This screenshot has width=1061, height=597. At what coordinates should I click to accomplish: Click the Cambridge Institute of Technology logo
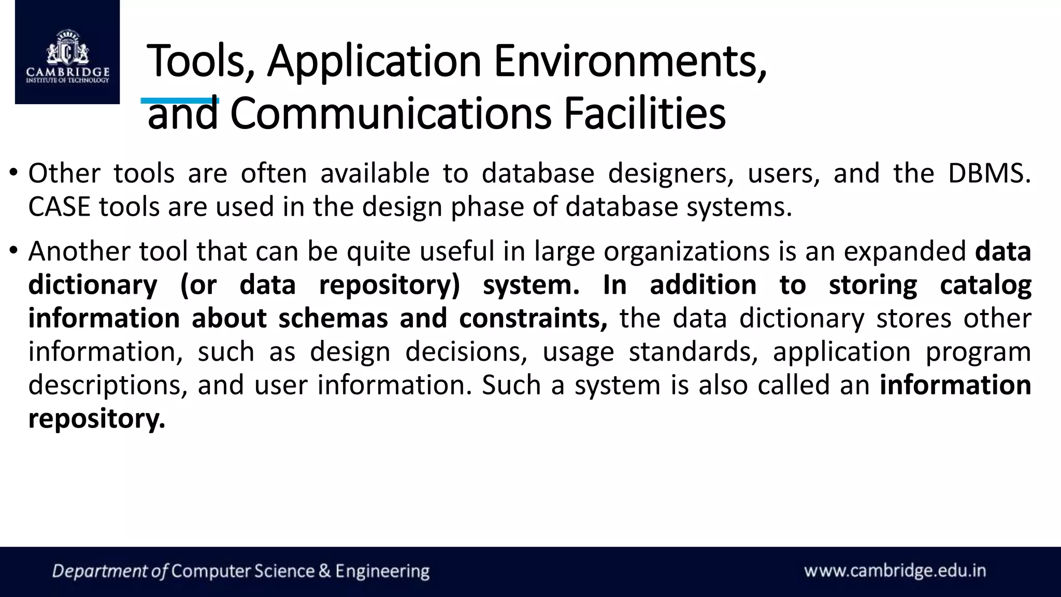pyautogui.click(x=67, y=52)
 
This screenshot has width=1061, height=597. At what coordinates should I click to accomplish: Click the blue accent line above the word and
pyautogui.click(x=180, y=101)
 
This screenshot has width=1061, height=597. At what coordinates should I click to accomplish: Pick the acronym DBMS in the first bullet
pyautogui.click(x=988, y=174)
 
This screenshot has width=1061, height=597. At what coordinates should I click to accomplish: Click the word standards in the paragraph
pyautogui.click(x=693, y=352)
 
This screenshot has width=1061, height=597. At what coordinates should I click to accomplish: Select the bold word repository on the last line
pyautogui.click(x=96, y=419)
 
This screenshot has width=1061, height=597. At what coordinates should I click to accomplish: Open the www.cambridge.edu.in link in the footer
pyautogui.click(x=895, y=571)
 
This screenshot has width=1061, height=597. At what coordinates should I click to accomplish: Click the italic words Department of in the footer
pyautogui.click(x=110, y=572)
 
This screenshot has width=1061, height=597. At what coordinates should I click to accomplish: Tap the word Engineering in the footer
pyautogui.click(x=382, y=572)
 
